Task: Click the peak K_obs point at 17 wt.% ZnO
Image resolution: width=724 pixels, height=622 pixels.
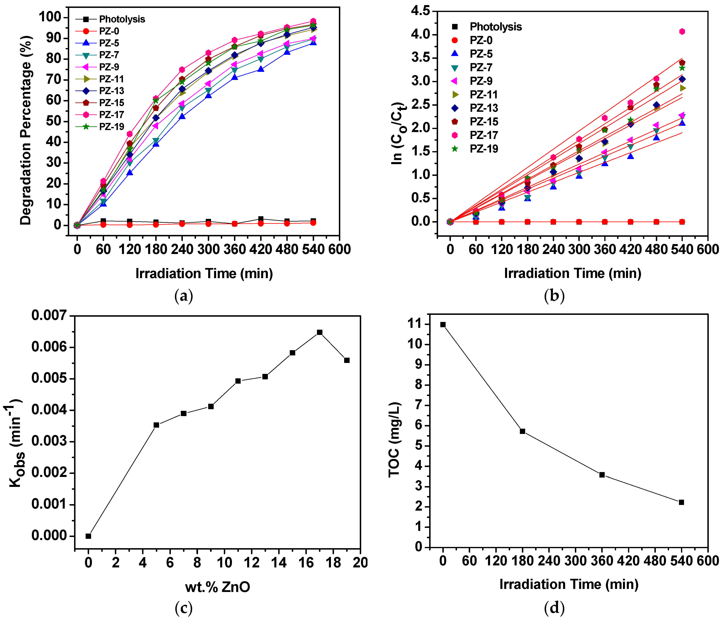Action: pyautogui.click(x=319, y=332)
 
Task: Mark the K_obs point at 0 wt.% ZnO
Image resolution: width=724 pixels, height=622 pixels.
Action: pyautogui.click(x=88, y=536)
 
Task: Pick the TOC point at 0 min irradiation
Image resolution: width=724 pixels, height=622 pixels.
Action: pyautogui.click(x=443, y=325)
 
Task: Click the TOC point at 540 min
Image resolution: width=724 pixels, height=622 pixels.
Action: pyautogui.click(x=681, y=503)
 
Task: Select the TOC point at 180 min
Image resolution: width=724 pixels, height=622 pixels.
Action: pyautogui.click(x=522, y=431)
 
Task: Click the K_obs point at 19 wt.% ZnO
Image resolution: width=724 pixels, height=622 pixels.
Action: pyautogui.click(x=347, y=360)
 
